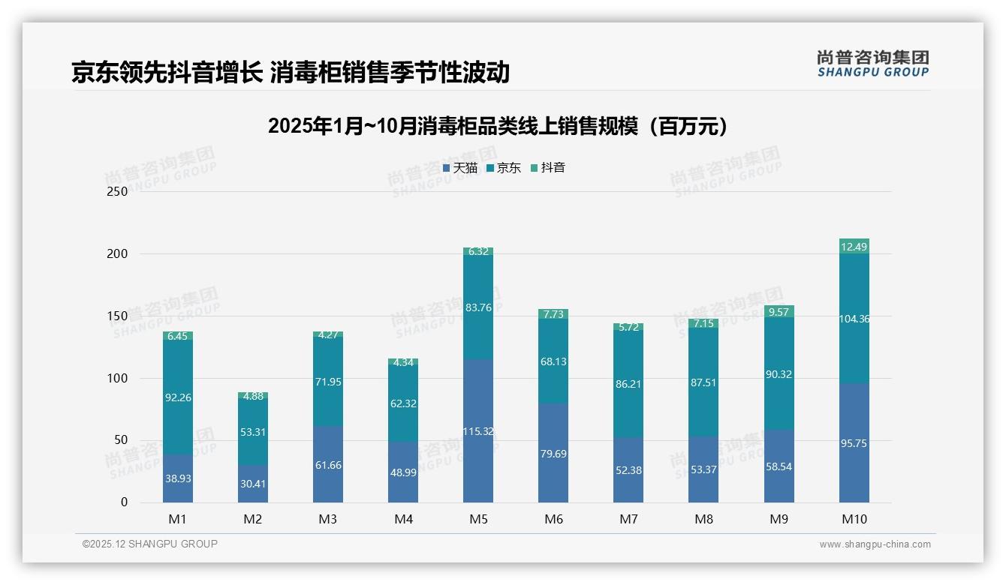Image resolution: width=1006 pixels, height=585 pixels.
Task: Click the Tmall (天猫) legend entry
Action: coord(460,168)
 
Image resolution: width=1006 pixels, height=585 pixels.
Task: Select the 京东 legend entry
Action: coord(504,168)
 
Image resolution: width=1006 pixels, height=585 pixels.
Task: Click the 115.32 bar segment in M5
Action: coord(478,430)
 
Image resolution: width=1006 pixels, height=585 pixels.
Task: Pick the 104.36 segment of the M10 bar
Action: coord(854,319)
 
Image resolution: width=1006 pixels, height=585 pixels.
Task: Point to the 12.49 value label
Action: coord(854,247)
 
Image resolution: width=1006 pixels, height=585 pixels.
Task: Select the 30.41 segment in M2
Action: coord(253,484)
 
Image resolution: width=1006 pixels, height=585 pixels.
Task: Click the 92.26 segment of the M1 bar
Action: coord(178,397)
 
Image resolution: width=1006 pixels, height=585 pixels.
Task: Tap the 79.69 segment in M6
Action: coord(553,453)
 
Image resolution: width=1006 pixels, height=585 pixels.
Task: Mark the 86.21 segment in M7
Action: coord(628,383)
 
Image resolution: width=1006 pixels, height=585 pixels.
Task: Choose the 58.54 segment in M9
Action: coord(779,466)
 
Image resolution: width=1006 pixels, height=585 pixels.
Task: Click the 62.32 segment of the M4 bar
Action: coord(403,403)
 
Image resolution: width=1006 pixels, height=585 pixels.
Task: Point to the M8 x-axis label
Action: coord(703,519)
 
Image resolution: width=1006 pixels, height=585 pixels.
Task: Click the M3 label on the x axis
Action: coord(328,519)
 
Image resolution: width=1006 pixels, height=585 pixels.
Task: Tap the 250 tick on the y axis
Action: coord(118,191)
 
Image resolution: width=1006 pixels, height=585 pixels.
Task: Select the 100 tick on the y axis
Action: coord(118,378)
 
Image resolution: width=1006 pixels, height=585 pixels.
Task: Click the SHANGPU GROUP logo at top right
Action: coord(872,64)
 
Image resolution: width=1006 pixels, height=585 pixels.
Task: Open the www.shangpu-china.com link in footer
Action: coord(875,544)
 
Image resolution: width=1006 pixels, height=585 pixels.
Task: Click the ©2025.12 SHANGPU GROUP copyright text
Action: coord(150,544)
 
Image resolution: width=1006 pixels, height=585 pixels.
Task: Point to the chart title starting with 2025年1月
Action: coord(498,126)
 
